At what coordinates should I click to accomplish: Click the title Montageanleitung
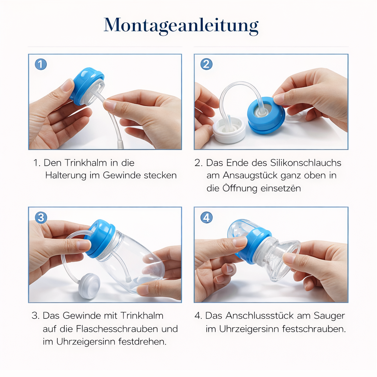click(x=181, y=25)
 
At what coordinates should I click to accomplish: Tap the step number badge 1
click(x=40, y=64)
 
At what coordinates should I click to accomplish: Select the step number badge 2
click(x=206, y=64)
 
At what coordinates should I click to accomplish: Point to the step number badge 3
click(x=40, y=218)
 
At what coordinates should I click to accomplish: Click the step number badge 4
click(x=206, y=218)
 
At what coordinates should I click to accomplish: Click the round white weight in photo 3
click(x=89, y=286)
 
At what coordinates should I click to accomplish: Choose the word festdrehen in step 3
click(x=142, y=342)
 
